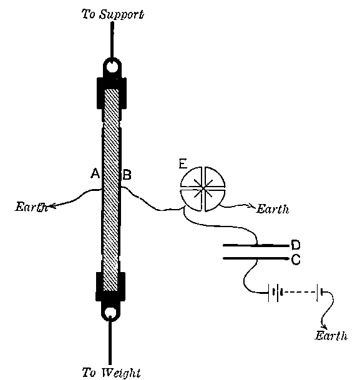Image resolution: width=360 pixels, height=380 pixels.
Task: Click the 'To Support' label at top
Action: (x=113, y=13)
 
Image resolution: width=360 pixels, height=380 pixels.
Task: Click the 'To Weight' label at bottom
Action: (x=112, y=373)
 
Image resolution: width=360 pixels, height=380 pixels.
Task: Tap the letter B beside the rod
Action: (x=126, y=177)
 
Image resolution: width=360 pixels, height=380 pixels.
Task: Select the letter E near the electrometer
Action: (x=182, y=165)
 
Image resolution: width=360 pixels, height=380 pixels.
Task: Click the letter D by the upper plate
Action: (x=296, y=245)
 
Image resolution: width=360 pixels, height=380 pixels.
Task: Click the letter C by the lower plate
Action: (x=296, y=258)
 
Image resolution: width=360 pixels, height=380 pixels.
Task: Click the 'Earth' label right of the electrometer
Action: (x=272, y=210)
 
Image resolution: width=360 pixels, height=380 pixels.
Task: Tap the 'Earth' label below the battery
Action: (x=331, y=336)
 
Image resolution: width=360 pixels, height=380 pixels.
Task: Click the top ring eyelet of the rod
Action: (x=111, y=66)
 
